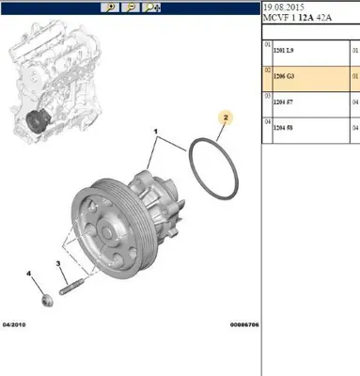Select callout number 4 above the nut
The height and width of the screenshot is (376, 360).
[30, 274]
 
